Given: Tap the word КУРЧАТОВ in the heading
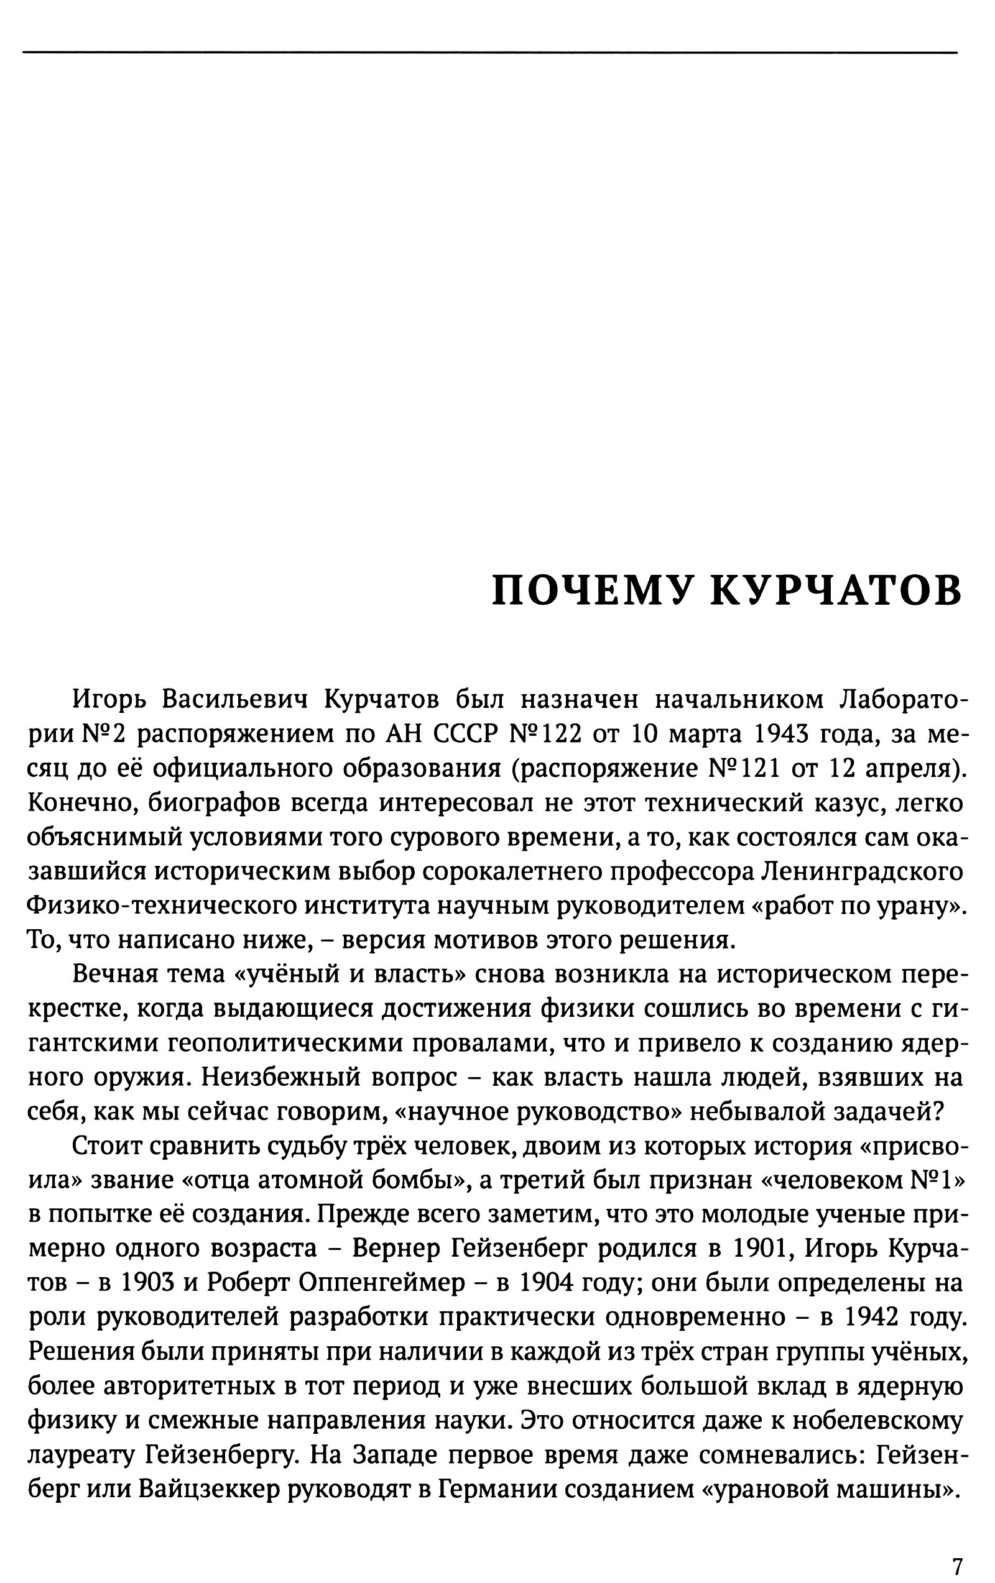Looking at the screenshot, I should pos(836,590).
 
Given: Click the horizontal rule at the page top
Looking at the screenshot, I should pos(490,52).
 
